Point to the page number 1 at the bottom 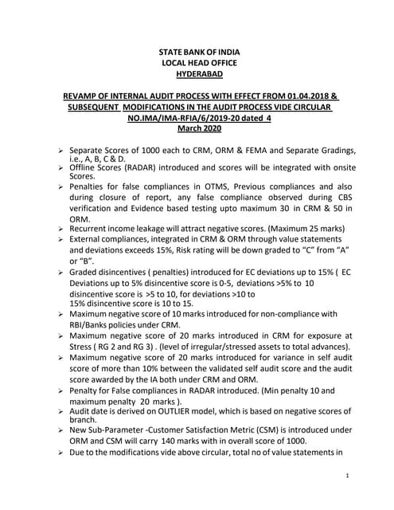pyautogui.click(x=349, y=477)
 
